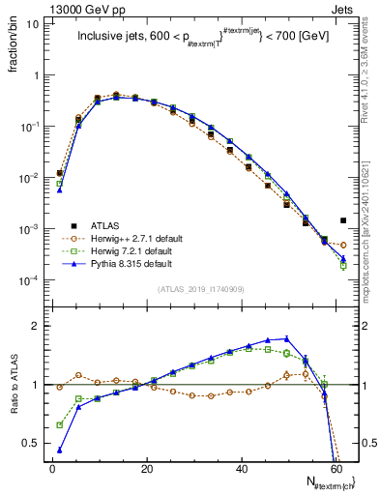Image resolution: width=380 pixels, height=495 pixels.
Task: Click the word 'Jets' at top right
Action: point(344,8)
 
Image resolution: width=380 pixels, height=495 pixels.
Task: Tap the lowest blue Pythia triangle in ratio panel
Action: point(60,450)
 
